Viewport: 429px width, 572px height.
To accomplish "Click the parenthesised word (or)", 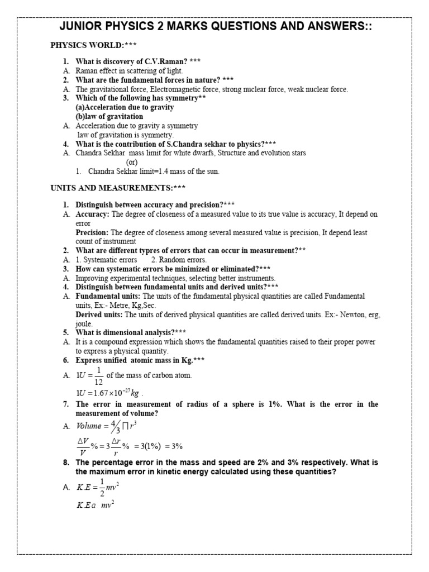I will click(132, 162).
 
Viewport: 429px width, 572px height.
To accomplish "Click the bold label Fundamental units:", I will click(108, 296).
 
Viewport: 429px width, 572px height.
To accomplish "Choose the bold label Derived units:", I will click(98, 314).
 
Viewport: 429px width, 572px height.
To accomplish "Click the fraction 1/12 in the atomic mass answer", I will click(98, 375).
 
